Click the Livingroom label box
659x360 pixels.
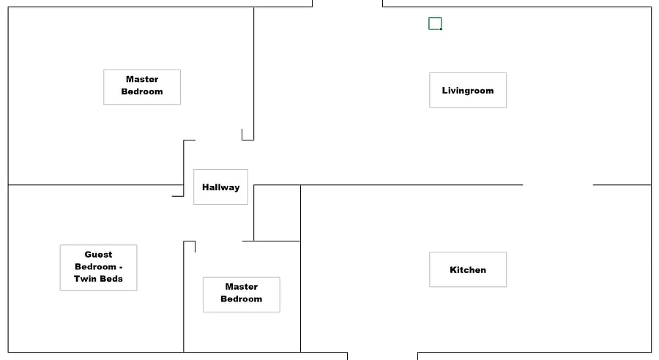[x=468, y=90]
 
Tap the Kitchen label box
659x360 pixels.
[x=468, y=270]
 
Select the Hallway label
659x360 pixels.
[x=220, y=187]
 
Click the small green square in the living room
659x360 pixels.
[x=435, y=23]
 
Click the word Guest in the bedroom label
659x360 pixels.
[x=98, y=255]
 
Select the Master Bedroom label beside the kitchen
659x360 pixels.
[x=241, y=294]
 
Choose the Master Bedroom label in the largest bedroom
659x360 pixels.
[x=142, y=87]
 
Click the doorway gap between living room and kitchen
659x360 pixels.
[x=558, y=185]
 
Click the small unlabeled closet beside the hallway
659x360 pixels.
[x=277, y=213]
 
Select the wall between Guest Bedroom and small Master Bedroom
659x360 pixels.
[x=184, y=296]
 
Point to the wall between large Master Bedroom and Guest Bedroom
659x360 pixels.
[x=96, y=185]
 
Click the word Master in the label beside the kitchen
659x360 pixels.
[x=241, y=287]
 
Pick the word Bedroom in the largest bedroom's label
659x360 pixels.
[x=142, y=91]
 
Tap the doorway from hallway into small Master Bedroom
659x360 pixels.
[x=218, y=241]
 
